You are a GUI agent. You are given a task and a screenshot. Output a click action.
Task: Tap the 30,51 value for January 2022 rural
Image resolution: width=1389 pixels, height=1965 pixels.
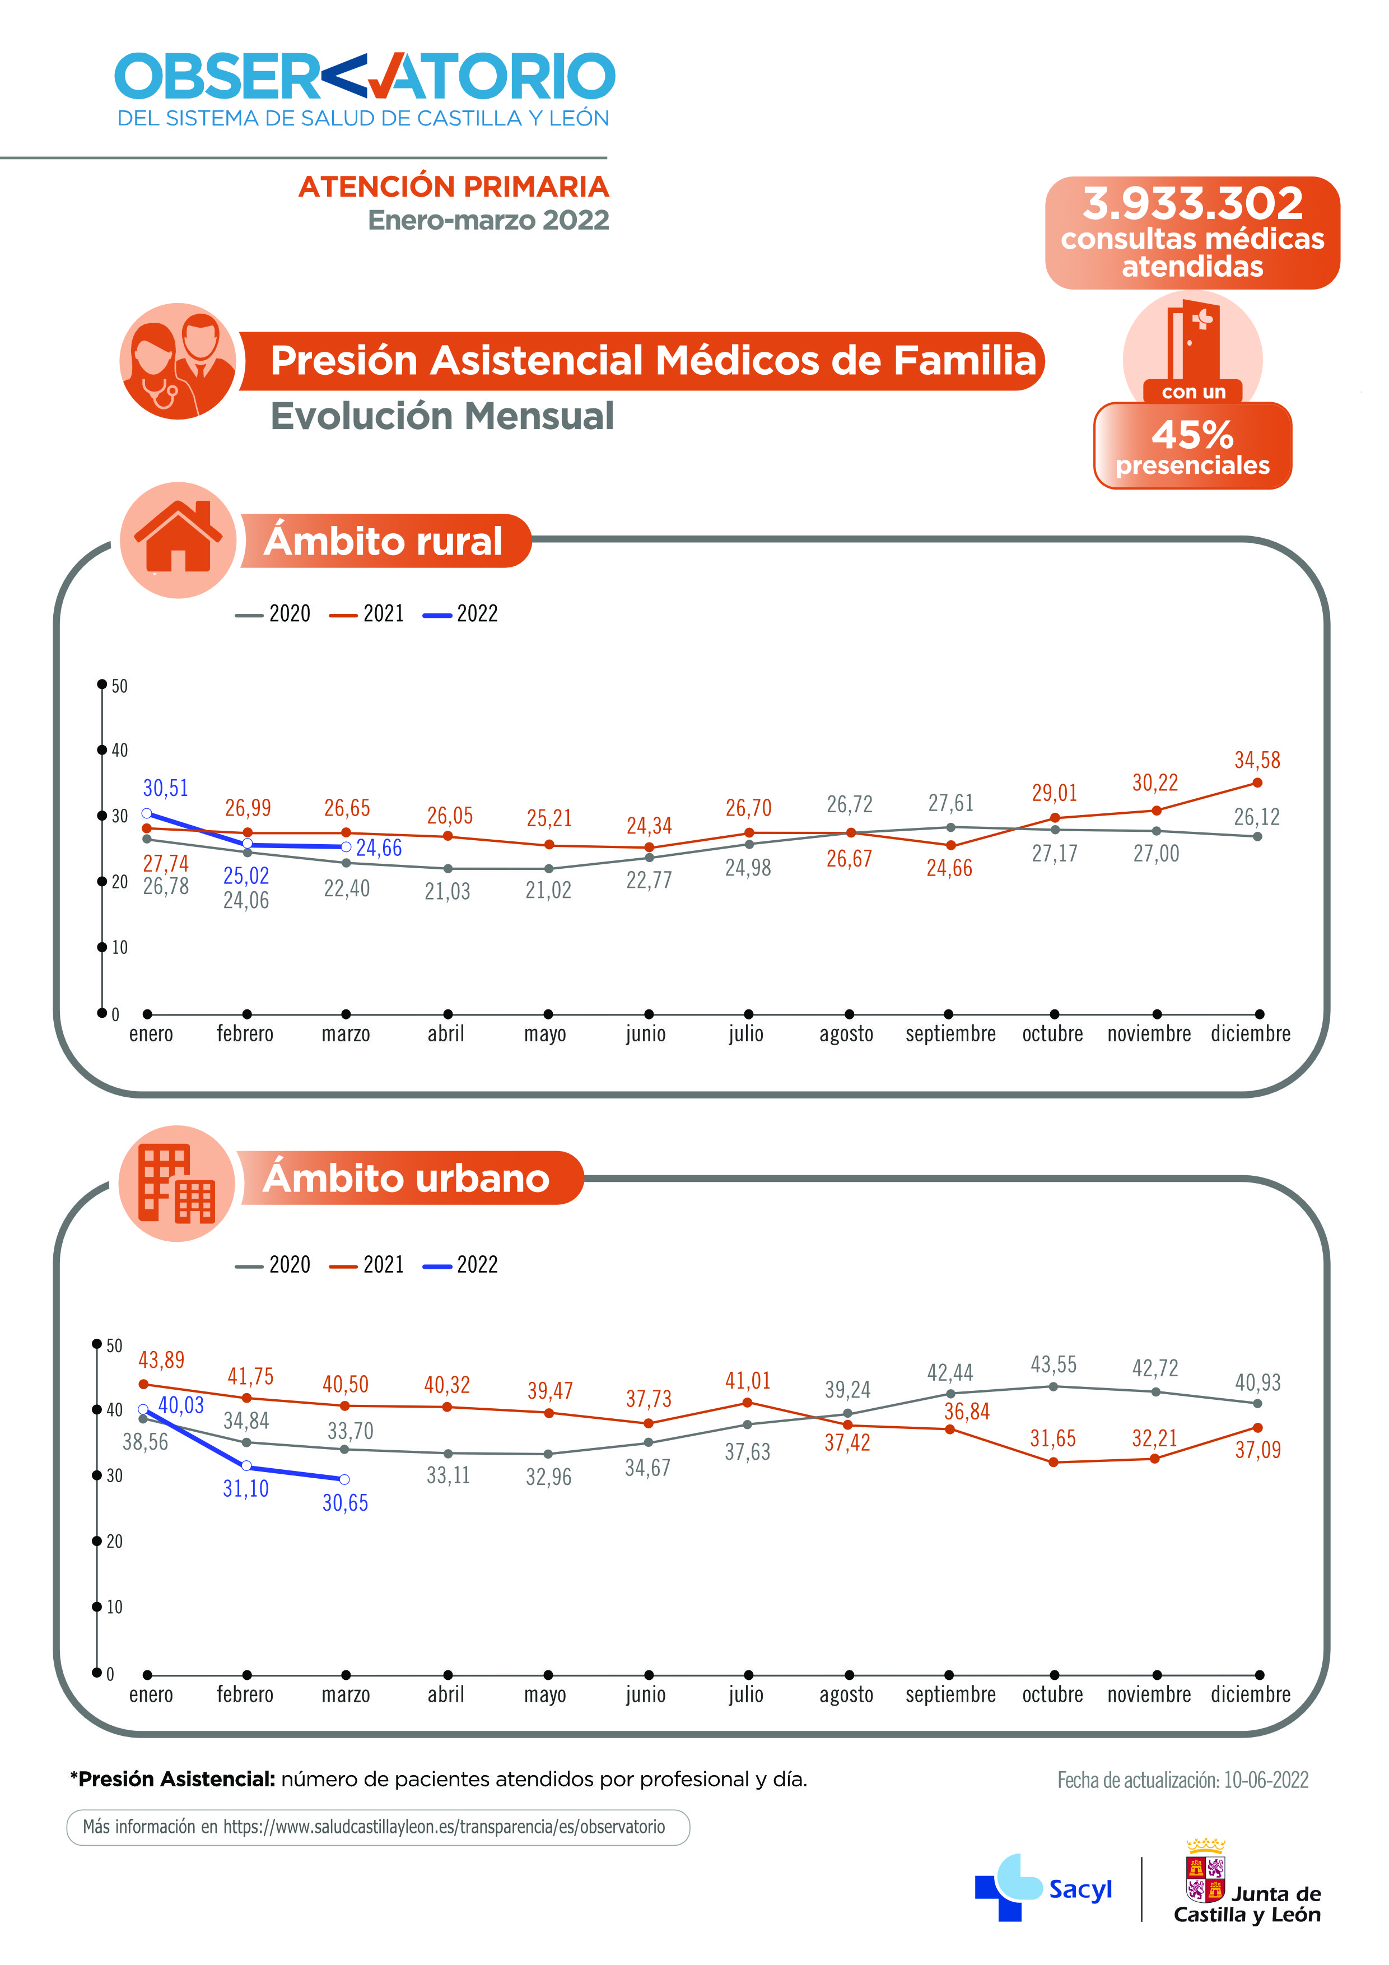click(165, 788)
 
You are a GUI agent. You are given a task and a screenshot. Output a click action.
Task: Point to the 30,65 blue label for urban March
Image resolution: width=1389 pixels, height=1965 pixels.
click(345, 1503)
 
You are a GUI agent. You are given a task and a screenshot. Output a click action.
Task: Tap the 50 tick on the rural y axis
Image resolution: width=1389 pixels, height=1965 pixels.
click(119, 686)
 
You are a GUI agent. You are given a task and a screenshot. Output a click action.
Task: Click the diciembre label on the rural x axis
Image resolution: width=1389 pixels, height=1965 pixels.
click(1250, 1034)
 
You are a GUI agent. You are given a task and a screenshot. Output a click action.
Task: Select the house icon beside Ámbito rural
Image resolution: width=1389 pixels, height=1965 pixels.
click(178, 539)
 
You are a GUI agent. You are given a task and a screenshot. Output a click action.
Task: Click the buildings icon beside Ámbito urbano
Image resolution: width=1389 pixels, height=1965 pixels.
click(177, 1184)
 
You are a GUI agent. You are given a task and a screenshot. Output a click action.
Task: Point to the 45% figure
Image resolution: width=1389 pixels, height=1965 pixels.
click(1192, 435)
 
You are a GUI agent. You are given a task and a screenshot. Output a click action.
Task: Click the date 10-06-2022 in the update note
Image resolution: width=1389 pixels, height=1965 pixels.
click(1266, 1780)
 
